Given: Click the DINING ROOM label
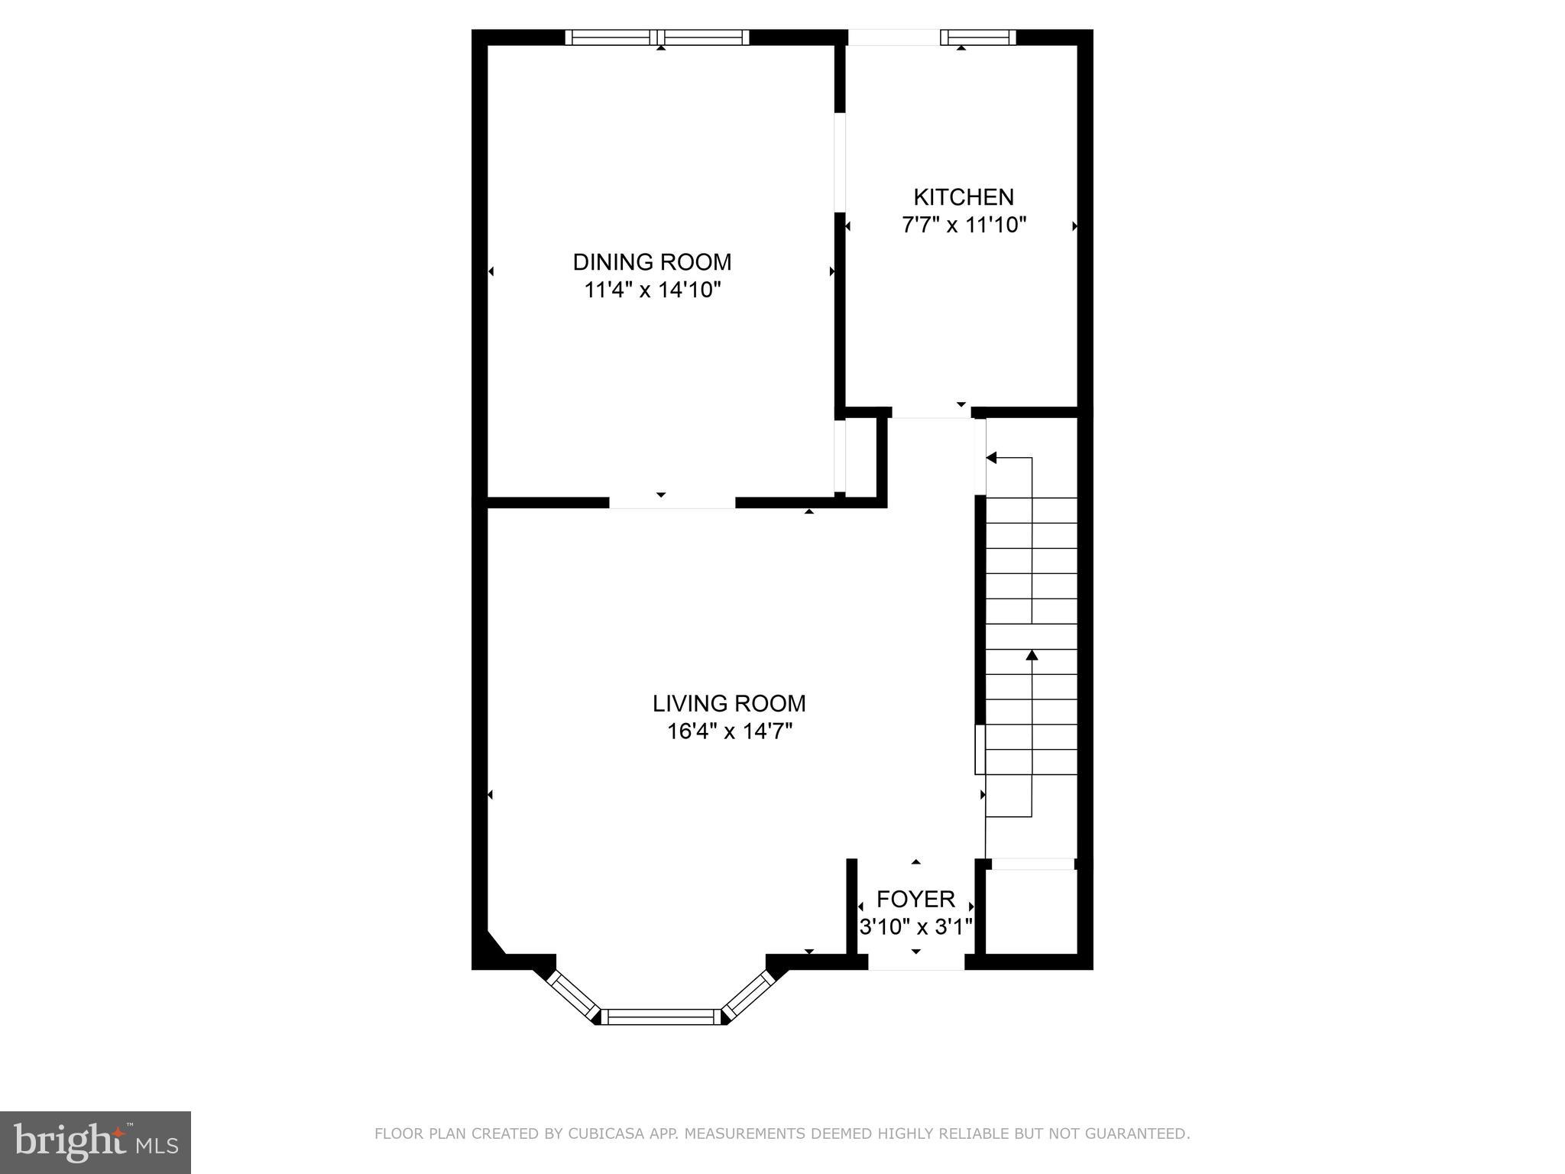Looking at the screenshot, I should (652, 262).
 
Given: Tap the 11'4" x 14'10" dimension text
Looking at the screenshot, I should (653, 290).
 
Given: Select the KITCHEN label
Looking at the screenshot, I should (964, 197).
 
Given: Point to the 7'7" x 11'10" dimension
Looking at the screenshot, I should (964, 225).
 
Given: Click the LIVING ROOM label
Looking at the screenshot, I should (729, 703).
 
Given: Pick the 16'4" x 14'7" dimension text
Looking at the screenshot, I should (729, 731).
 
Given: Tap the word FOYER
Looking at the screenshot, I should (915, 899).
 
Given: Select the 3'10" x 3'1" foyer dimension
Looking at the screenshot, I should (915, 927).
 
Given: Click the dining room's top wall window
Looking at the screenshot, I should (657, 37).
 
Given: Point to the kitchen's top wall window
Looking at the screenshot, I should (977, 37).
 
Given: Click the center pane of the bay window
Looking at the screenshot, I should (661, 1017).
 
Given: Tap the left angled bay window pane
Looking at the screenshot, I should (573, 995).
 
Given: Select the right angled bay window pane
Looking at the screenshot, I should (747, 995).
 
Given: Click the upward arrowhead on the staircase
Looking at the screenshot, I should (1032, 654).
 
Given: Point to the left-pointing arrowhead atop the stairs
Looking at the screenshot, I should (991, 458).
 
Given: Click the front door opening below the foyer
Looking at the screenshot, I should (916, 963).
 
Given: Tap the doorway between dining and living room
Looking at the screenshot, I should (672, 502).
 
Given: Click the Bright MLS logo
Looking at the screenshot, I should (95, 1142).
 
